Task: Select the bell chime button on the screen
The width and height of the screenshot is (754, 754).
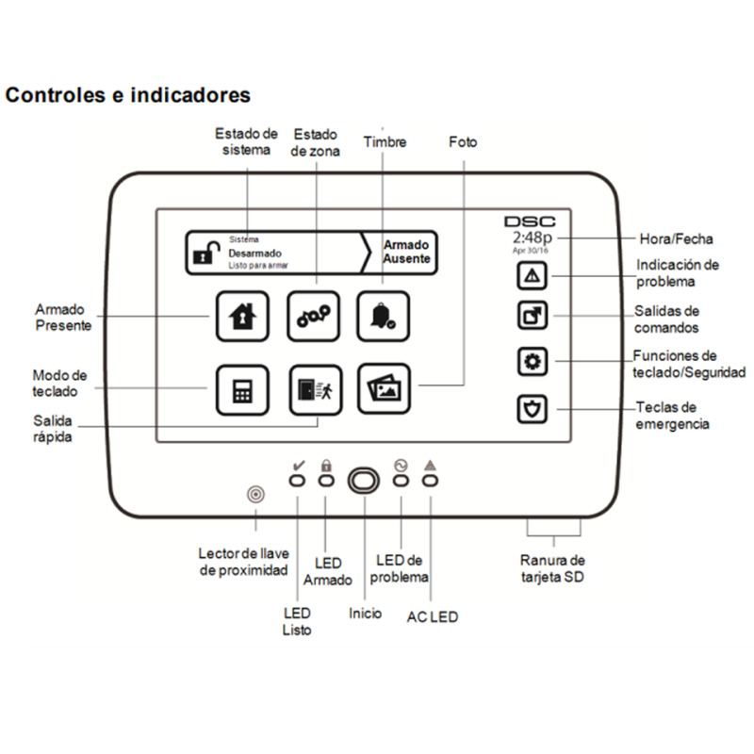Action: coord(382,316)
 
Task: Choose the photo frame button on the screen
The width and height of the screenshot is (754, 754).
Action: coord(382,388)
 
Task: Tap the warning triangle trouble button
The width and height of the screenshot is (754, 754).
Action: coord(533,275)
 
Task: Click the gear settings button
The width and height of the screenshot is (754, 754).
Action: coord(533,362)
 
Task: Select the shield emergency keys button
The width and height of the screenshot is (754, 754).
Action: coord(533,409)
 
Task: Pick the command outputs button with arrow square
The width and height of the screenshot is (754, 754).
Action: coord(533,316)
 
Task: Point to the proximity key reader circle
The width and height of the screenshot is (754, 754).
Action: coord(254,494)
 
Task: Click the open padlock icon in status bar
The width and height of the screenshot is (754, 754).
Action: coord(205,253)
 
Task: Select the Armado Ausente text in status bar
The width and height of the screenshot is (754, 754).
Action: coord(406,251)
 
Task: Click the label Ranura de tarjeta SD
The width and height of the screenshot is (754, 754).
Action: coord(554,568)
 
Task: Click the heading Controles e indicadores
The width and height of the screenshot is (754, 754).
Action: coord(128,95)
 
